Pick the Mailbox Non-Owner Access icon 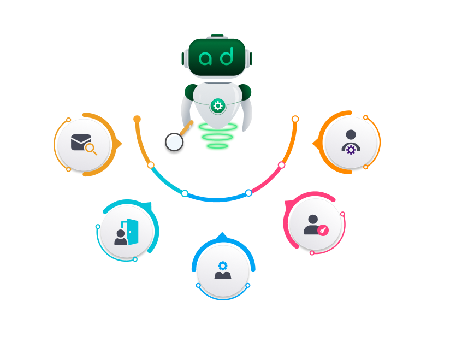pos(316,225)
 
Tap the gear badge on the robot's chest pos(218,106)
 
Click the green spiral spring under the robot pos(217,137)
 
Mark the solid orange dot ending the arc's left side pos(137,119)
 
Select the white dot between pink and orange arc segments pos(282,164)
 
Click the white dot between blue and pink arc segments pos(248,192)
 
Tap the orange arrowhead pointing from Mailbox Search pos(119,143)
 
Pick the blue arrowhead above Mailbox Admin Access pos(221,236)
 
